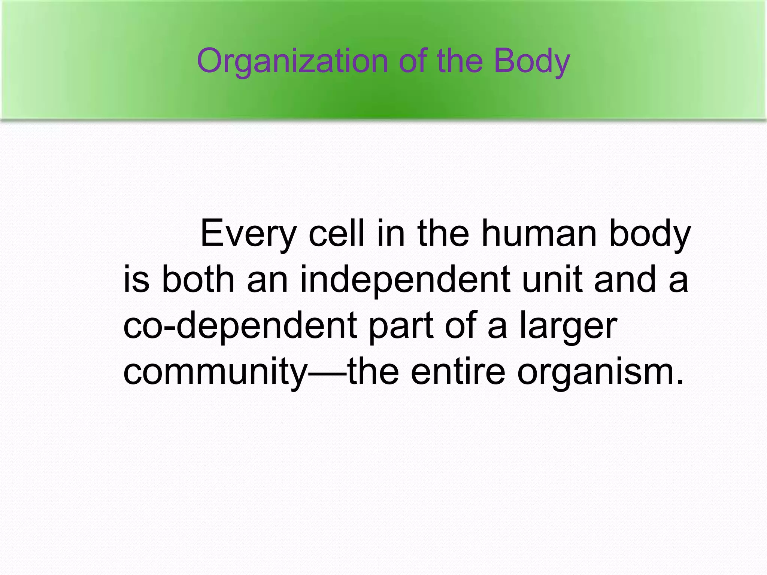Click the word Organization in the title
point(292,62)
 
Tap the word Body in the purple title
point(532,62)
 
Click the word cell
point(336,234)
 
